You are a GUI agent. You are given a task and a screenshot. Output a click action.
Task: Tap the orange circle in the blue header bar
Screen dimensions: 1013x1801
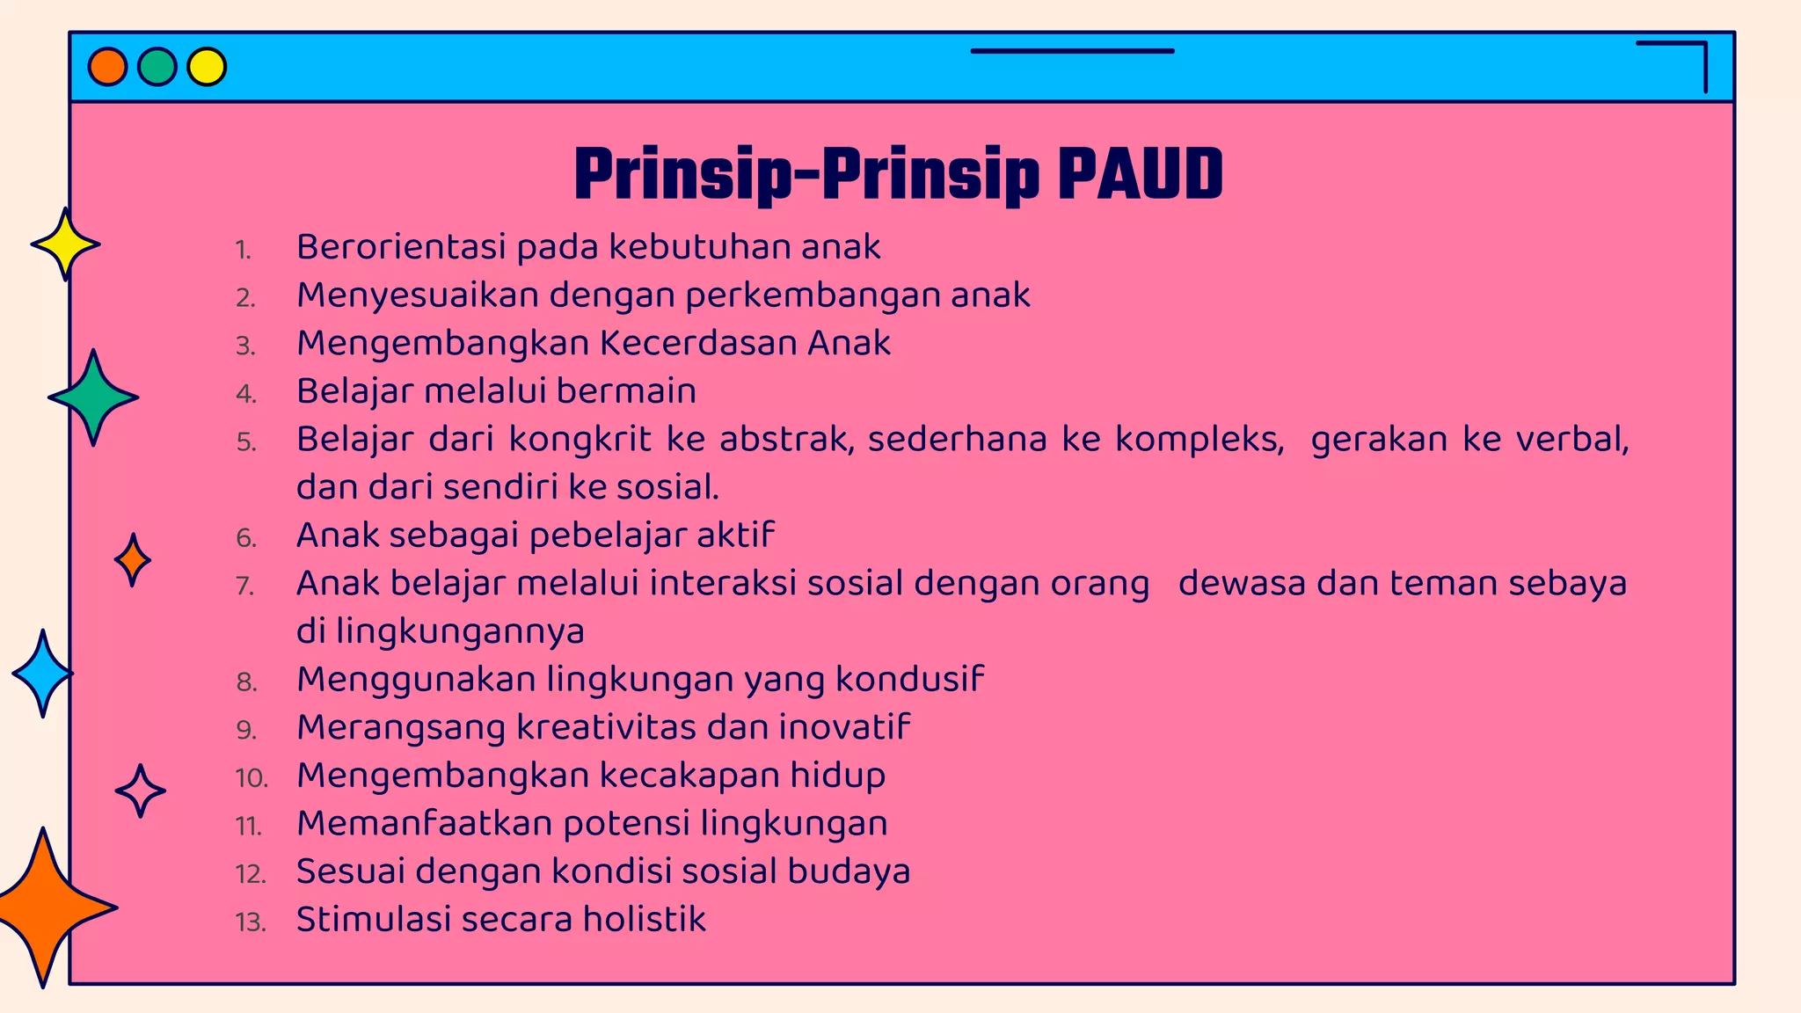pyautogui.click(x=108, y=67)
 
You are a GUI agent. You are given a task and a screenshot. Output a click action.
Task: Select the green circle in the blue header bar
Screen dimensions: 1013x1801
pyautogui.click(x=157, y=67)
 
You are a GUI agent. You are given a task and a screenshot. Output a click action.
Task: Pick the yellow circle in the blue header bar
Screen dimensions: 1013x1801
pyautogui.click(x=207, y=67)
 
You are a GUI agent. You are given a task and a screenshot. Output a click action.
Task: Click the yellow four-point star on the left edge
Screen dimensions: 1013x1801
pyautogui.click(x=65, y=244)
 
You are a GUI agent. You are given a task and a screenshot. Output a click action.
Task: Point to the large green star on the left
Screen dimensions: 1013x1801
pyautogui.click(x=93, y=397)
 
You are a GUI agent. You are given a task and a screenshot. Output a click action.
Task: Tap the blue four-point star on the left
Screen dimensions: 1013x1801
pyautogui.click(x=42, y=674)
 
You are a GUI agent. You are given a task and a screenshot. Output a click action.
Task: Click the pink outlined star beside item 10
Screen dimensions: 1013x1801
pyautogui.click(x=140, y=791)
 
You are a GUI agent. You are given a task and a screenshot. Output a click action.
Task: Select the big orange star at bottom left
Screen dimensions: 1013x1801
pyautogui.click(x=44, y=907)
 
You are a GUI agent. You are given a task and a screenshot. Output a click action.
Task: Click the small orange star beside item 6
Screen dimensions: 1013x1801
pyautogui.click(x=133, y=560)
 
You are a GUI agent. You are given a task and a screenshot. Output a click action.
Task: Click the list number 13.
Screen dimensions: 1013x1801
pyautogui.click(x=250, y=922)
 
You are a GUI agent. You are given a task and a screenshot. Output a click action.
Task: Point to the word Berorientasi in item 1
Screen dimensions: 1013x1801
pyautogui.click(x=401, y=247)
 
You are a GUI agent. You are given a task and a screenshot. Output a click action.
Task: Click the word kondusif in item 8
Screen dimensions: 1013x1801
pyautogui.click(x=909, y=679)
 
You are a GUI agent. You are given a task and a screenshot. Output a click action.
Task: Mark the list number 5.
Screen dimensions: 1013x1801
pyautogui.click(x=246, y=441)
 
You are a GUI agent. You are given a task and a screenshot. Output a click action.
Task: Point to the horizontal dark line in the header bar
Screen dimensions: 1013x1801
pyautogui.click(x=1072, y=51)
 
